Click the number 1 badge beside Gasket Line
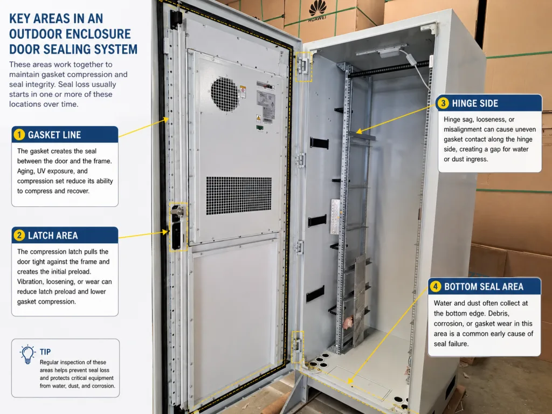coord(19,134)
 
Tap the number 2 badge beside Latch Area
coord(19,235)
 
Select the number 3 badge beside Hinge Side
coord(443,103)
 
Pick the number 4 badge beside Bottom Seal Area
coord(436,286)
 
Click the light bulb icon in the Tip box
coord(27,354)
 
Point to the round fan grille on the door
coord(225,94)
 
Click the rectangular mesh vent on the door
coord(239,195)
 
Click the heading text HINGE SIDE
coord(475,103)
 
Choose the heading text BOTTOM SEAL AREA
coord(484,287)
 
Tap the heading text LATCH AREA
coord(53,236)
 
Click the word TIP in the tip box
coord(45,351)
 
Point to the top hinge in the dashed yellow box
coord(303,66)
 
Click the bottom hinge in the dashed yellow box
coord(298,347)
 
